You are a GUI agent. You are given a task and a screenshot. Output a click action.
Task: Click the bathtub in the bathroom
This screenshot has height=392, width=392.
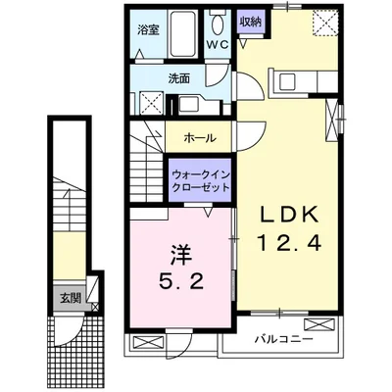coord(184,33)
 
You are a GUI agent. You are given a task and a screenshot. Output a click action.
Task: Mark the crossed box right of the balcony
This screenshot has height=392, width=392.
coord(319,321)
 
